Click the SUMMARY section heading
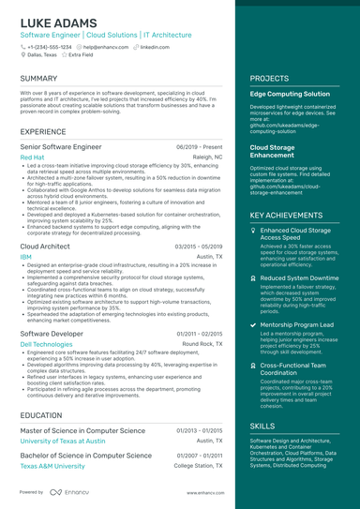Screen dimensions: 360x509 [x=38, y=79]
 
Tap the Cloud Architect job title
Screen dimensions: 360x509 [x=45, y=246]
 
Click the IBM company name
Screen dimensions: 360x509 [x=25, y=256]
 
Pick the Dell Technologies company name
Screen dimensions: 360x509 [x=46, y=344]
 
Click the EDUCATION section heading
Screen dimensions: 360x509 [x=41, y=414]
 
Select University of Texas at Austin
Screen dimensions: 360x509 [x=64, y=440]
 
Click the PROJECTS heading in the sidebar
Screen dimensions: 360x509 [x=269, y=79]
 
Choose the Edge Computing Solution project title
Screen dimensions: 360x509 [x=290, y=95]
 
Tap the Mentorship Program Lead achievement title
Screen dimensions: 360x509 [x=296, y=324]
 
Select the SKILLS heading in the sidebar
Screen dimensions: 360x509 [x=262, y=426]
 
